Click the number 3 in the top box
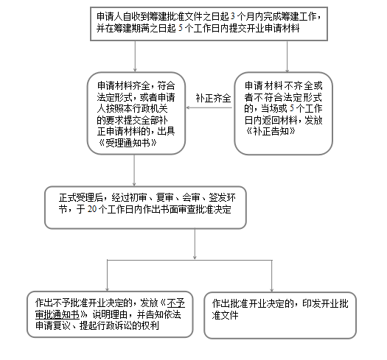point(232,16)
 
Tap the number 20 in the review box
point(92,209)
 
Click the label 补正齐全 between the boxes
point(214,98)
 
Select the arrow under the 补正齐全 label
point(209,107)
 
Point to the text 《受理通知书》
point(128,143)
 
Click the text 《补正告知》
point(271,131)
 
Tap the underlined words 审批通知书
point(57,314)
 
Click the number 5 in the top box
point(180,28)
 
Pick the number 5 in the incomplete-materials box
point(292,108)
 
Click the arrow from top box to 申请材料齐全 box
point(135,56)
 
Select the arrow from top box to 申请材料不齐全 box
point(287,57)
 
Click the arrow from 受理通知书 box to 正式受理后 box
point(134,170)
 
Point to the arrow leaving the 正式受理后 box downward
point(195,244)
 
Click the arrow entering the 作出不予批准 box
point(107,275)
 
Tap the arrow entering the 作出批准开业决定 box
point(271,276)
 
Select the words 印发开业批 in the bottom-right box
point(325,303)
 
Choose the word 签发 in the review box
point(217,198)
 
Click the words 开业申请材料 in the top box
point(273,28)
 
